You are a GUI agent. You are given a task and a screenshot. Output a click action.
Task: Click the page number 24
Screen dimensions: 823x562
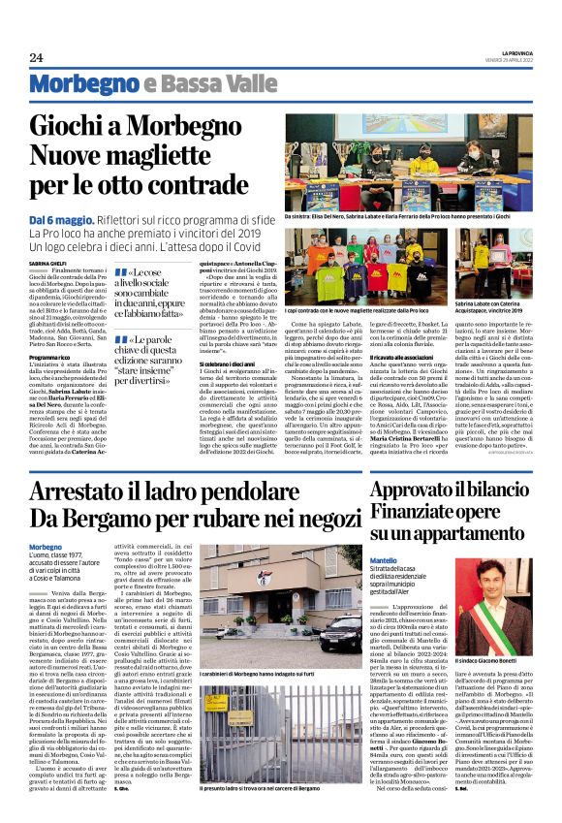click(x=36, y=58)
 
